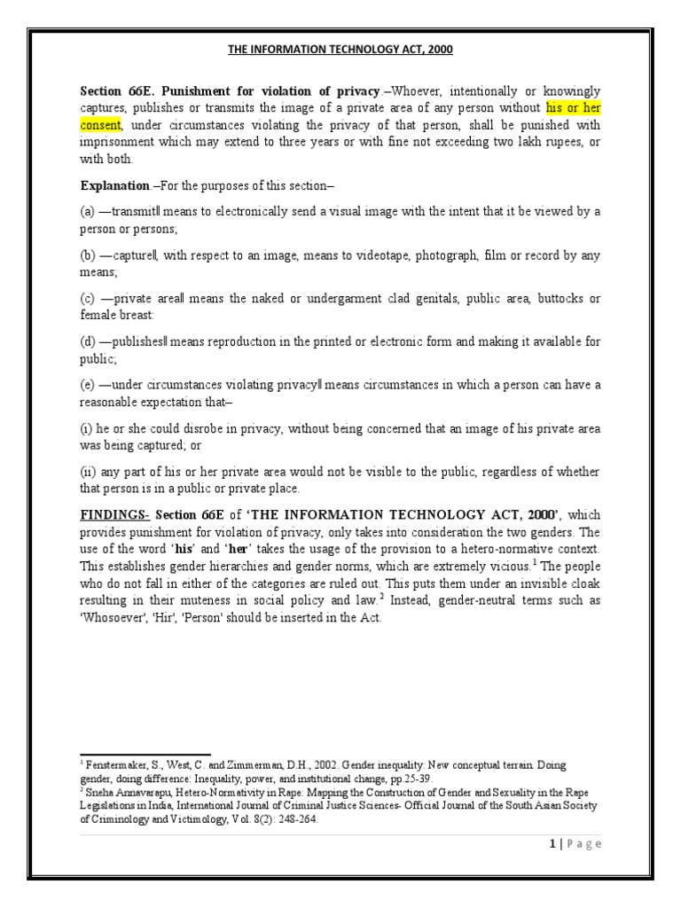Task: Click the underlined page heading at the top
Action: click(x=340, y=50)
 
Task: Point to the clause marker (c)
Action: click(x=88, y=298)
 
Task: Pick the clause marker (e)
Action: click(x=88, y=384)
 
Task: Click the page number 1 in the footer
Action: click(x=552, y=843)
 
